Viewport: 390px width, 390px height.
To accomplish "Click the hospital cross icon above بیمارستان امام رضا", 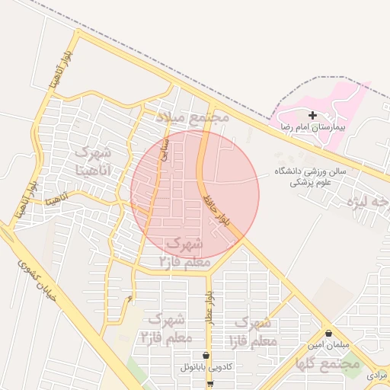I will (312, 115).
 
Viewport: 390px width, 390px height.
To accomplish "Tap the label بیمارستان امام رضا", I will (312, 127).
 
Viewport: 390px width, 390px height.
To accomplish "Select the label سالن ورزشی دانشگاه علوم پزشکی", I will (310, 177).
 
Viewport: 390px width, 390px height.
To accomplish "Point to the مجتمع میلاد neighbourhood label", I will (193, 118).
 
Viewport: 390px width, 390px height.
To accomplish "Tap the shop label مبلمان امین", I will (328, 344).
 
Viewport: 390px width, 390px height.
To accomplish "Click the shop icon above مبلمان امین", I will (328, 333).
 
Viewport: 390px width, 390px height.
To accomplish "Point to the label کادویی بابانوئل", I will (206, 367).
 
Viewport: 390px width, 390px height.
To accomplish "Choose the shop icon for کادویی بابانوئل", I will (206, 355).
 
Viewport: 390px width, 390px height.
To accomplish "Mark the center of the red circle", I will (195, 195).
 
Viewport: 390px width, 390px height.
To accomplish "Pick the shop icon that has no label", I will (211, 383).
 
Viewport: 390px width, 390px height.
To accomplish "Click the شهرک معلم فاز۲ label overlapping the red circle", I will (181, 251).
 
